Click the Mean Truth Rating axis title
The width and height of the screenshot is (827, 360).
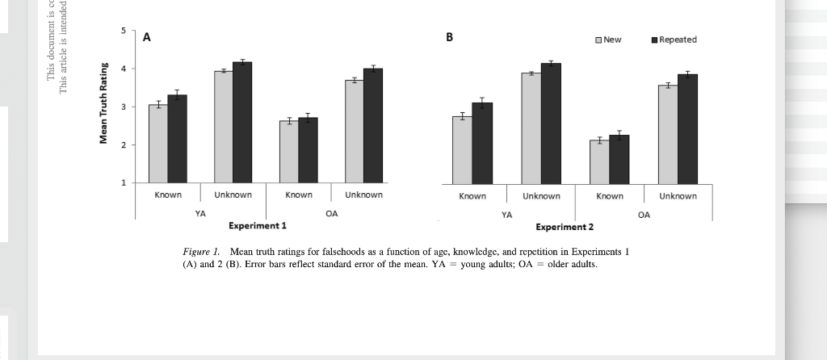pos(103,107)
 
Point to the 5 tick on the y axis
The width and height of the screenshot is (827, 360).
pos(123,31)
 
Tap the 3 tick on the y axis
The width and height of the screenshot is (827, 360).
pos(123,107)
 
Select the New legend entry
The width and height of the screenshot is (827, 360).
pos(607,40)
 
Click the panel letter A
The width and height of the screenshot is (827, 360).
pos(147,37)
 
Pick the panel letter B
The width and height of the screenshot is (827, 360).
pos(450,37)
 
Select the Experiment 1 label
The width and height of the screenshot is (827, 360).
pos(258,225)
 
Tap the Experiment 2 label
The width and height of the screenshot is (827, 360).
pos(565,227)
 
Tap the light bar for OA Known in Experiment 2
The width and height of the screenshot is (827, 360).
pos(599,161)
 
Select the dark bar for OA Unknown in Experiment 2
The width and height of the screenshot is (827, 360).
pos(688,129)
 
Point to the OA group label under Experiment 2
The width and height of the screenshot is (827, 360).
pos(644,216)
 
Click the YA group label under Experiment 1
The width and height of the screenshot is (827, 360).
pos(200,214)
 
